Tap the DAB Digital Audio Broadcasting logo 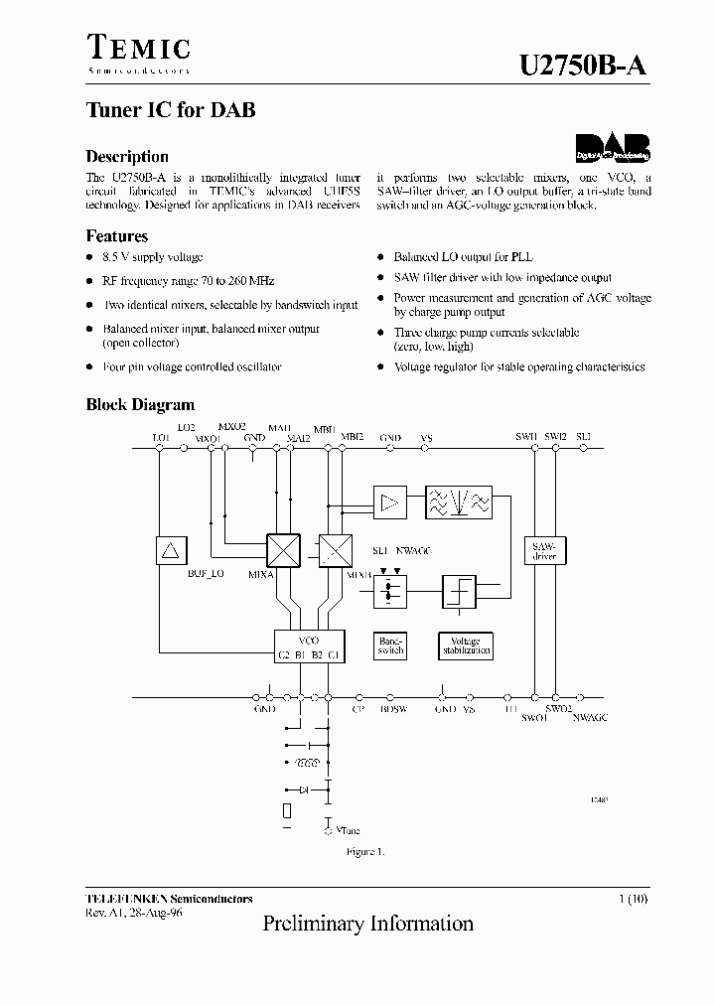pyautogui.click(x=613, y=148)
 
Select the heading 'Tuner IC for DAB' pyautogui.click(x=170, y=110)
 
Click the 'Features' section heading pyautogui.click(x=117, y=236)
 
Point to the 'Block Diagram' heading pyautogui.click(x=140, y=404)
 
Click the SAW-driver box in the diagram pyautogui.click(x=544, y=551)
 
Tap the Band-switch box pyautogui.click(x=390, y=646)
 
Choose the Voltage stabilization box pyautogui.click(x=465, y=646)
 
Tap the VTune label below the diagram pyautogui.click(x=348, y=829)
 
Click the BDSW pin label pyautogui.click(x=393, y=709)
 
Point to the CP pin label pyautogui.click(x=357, y=709)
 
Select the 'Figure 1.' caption pyautogui.click(x=364, y=852)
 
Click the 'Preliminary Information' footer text pyautogui.click(x=367, y=924)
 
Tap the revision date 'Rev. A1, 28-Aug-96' pyautogui.click(x=134, y=911)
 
